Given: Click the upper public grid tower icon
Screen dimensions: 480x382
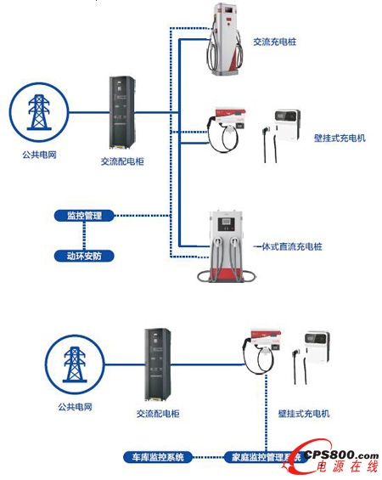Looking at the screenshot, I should click(37, 111).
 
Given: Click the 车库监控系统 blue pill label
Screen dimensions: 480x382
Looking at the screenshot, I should click(159, 456).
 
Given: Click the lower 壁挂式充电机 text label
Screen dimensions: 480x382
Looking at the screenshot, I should click(303, 413).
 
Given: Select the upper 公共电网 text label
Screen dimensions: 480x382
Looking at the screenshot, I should click(38, 155).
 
